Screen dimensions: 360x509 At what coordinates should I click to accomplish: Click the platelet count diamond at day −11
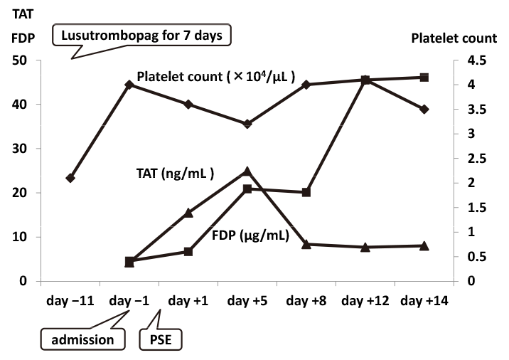[x=70, y=178]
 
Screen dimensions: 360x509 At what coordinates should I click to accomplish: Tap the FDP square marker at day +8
[x=306, y=192]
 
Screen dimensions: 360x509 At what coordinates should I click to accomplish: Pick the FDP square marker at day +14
[x=424, y=77]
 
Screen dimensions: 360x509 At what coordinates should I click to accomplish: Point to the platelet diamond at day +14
[x=424, y=109]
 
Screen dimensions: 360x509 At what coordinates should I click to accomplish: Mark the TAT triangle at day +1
[x=188, y=213]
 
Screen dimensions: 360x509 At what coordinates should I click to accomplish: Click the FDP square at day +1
[x=188, y=251]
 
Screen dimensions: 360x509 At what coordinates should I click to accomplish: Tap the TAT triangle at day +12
[x=365, y=247]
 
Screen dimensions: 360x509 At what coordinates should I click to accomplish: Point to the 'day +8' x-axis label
[x=306, y=301]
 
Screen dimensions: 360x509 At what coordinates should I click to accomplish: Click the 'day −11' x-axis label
[x=69, y=301]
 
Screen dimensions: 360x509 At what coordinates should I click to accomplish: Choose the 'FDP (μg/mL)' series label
[x=250, y=235]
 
